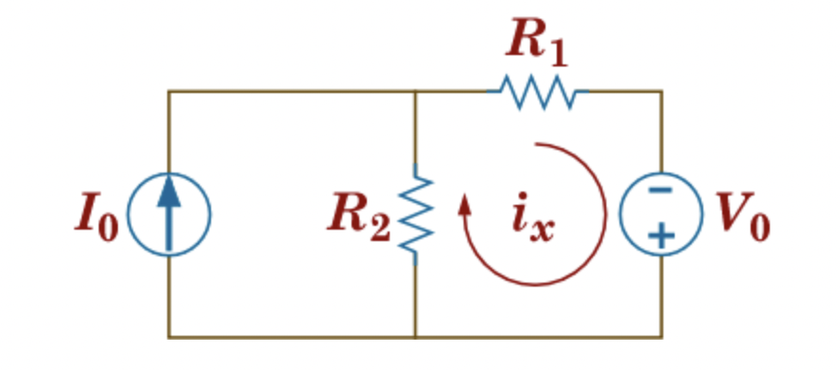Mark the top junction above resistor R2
pyautogui.click(x=416, y=92)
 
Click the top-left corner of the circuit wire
pyautogui.click(x=169, y=92)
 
